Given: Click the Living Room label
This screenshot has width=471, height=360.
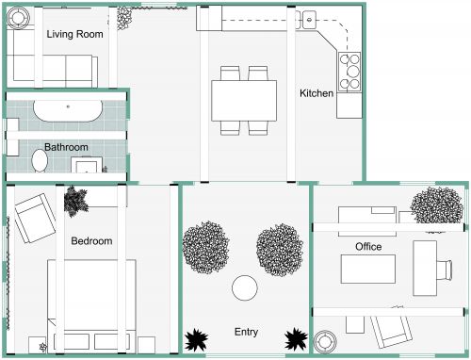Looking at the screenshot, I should point(74,35).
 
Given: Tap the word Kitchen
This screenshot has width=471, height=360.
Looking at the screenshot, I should point(317,93).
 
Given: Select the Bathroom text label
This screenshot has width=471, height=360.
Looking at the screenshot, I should point(66,147).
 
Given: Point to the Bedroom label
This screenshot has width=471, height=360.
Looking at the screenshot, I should point(91,241).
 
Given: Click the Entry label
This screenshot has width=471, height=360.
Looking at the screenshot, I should point(246,333).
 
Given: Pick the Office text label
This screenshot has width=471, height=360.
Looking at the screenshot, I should point(367,247).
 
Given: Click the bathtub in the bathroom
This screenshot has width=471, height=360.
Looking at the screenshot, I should point(68,110).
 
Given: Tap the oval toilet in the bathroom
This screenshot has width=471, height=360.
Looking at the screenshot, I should point(40,163).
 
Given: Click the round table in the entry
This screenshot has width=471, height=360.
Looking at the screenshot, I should point(246,287).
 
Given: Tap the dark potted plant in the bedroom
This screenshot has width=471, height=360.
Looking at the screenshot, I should point(75,201).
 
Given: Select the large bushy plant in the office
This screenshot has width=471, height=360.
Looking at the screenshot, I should point(436,206).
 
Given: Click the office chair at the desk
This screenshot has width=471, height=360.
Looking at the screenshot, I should point(445,265).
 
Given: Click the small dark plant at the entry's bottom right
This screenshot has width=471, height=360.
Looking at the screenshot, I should point(296,338).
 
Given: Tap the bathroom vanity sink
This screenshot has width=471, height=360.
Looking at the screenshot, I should point(87,168).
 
